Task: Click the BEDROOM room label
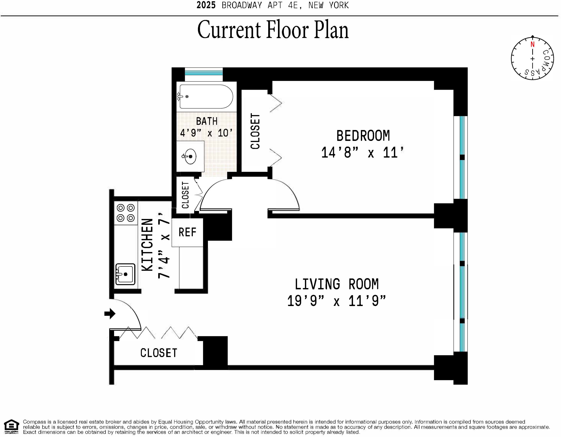point(363,136)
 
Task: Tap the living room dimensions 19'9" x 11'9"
point(336,301)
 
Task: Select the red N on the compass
point(532,44)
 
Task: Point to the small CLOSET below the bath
point(185,195)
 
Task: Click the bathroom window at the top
point(204,72)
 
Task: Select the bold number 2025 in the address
point(206,5)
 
